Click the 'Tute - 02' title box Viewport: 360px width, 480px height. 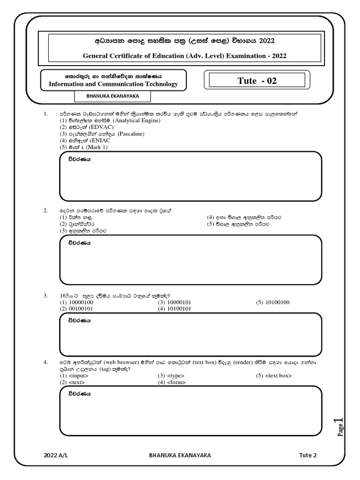tap(257, 81)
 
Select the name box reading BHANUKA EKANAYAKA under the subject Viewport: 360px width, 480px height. tap(112, 96)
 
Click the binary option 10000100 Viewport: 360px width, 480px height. tap(76, 302)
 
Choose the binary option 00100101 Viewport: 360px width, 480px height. tap(76, 309)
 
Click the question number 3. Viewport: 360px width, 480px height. tap(45, 296)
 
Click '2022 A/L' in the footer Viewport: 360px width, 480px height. tap(55, 455)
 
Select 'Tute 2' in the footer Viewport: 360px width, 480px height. tap(308, 455)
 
